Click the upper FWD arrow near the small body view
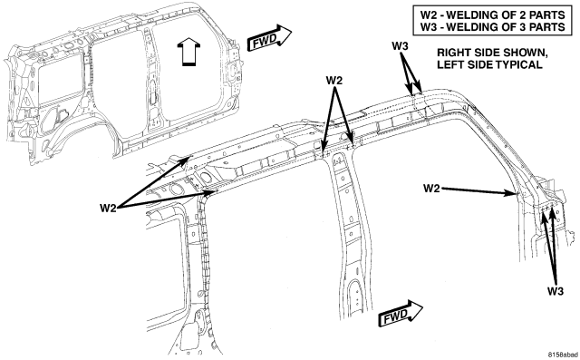[269, 39]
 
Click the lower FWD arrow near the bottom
[401, 314]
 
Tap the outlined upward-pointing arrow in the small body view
[188, 52]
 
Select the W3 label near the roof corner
[401, 46]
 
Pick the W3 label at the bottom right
[556, 291]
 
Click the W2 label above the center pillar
[334, 81]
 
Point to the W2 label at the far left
[108, 208]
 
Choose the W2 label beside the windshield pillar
[431, 189]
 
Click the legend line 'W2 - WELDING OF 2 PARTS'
[493, 15]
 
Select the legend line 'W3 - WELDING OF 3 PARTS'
[493, 27]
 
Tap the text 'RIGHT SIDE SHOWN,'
[492, 53]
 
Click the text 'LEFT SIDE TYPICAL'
[489, 64]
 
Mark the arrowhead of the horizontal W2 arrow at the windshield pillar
[515, 193]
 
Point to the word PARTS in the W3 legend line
[547, 27]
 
